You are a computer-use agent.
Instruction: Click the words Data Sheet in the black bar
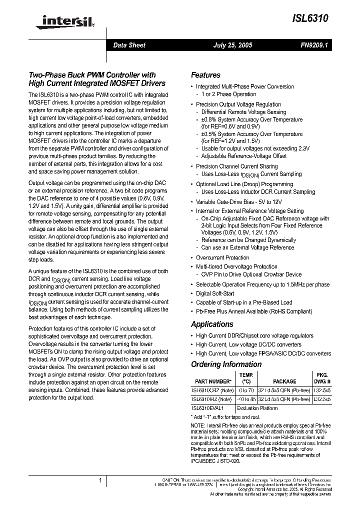click(129, 45)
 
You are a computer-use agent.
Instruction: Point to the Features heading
click(205, 75)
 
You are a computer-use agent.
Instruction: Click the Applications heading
click(212, 324)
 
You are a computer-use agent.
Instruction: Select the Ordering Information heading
click(225, 364)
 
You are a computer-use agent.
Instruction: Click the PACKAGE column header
click(284, 381)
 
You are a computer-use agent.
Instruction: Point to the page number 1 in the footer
click(100, 480)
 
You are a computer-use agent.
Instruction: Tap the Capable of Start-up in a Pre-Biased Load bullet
click(244, 302)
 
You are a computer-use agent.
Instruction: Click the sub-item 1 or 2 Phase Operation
click(228, 94)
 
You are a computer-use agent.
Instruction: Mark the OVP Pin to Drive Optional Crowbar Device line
click(251, 274)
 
